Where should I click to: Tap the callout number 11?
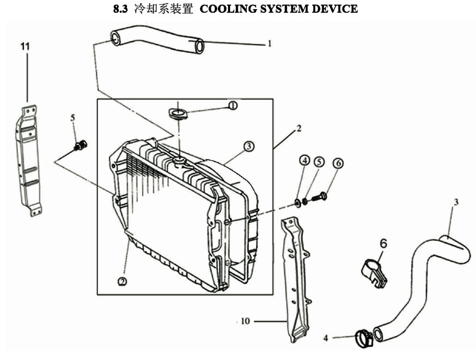click(25, 47)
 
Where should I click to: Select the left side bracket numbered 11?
click(28, 161)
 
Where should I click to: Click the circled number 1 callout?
click(233, 106)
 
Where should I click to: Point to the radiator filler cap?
click(178, 114)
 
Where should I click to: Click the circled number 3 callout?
click(249, 146)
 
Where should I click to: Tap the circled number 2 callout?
click(122, 282)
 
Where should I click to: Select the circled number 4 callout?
click(305, 160)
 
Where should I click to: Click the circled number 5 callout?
click(319, 162)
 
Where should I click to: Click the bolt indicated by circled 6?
click(319, 197)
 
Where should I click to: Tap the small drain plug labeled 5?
click(80, 145)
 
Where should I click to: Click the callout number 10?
click(245, 321)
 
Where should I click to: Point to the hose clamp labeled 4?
click(364, 338)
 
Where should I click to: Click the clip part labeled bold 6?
click(374, 273)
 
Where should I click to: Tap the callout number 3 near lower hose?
click(456, 202)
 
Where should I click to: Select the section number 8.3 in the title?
click(121, 9)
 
